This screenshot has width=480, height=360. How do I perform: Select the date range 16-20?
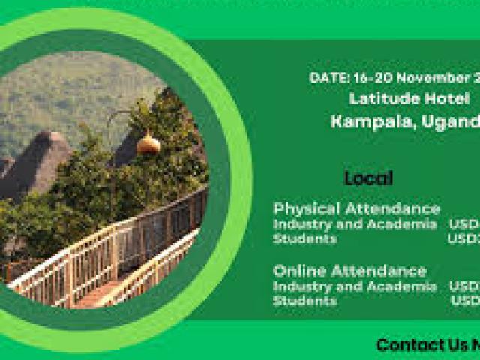point(367,78)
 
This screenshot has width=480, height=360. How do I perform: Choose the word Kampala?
point(363,121)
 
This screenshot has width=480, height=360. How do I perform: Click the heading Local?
point(368,178)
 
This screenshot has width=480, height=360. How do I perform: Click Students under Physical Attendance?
point(304,238)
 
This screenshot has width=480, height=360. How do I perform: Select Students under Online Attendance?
point(304,300)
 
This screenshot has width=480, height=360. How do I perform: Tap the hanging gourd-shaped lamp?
point(148,142)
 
